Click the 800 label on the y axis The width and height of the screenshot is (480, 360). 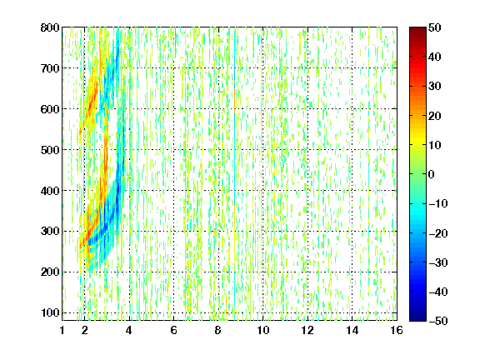50,27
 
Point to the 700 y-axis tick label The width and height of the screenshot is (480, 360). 50,68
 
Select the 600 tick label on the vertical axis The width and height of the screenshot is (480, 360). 50,109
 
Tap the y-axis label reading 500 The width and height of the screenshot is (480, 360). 50,150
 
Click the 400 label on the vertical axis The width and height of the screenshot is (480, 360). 50,191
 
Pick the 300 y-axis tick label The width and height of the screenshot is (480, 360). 50,231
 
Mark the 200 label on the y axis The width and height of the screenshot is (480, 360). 50,272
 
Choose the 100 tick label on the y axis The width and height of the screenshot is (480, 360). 50,312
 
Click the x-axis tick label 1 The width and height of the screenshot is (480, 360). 62,330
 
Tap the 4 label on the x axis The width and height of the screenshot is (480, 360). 129,330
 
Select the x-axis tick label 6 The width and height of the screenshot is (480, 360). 173,330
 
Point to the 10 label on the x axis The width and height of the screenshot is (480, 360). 263,330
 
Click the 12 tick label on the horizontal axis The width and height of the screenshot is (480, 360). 307,330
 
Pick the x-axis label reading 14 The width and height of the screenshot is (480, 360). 352,330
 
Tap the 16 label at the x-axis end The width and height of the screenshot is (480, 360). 397,330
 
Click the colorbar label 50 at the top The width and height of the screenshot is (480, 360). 434,27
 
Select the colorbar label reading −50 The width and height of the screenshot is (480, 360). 438,321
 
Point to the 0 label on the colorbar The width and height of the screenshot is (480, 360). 432,174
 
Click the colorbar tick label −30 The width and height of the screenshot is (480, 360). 438,262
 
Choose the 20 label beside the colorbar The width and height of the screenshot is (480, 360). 434,116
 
